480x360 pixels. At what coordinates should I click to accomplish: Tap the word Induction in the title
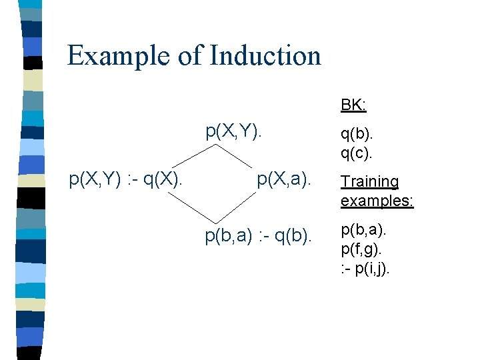265,55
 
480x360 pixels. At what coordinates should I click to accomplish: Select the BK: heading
354,105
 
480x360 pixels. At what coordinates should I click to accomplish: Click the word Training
369,181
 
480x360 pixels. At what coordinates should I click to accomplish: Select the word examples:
377,200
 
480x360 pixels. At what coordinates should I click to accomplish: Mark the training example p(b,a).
363,232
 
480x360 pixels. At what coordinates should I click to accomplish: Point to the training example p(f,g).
363,251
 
